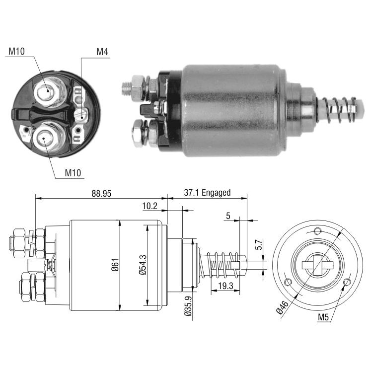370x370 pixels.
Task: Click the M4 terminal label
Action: click(102, 52)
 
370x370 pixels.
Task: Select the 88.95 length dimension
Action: click(101, 194)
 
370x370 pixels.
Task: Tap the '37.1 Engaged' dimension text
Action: click(207, 193)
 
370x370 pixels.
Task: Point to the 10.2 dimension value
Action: click(149, 206)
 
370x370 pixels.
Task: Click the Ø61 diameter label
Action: click(115, 265)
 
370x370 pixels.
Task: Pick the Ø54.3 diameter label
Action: click(143, 265)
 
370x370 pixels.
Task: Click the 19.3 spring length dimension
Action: click(225, 286)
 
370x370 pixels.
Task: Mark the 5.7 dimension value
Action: click(259, 245)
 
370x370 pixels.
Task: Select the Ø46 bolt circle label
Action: click(283, 307)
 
